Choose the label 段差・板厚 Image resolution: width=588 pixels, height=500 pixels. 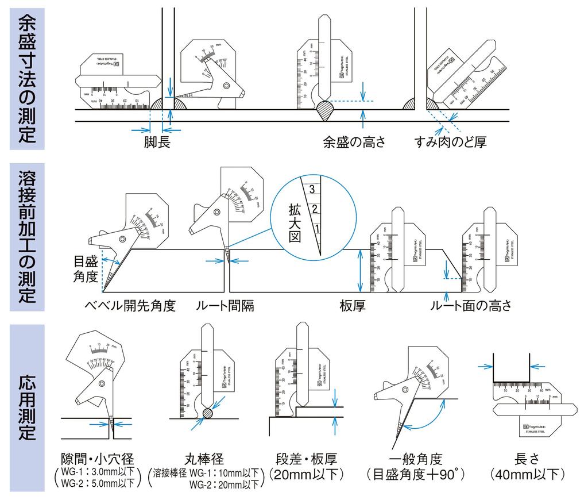coord(307,459)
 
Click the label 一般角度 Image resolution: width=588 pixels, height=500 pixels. coord(416,459)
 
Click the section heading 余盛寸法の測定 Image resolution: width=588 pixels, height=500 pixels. coord(27,79)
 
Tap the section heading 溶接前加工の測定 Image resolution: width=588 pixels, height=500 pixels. coord(27,237)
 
